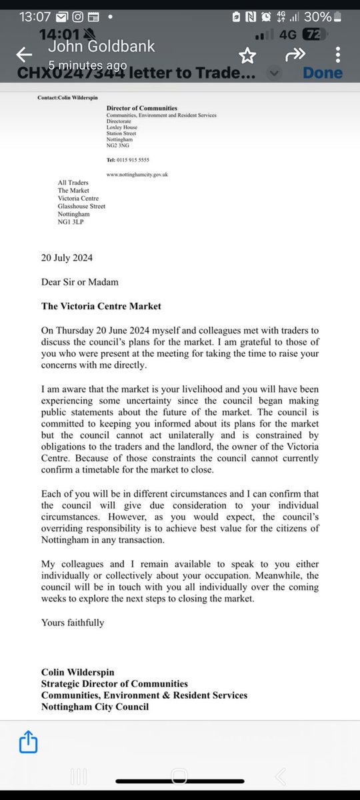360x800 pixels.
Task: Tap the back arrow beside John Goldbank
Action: (25, 55)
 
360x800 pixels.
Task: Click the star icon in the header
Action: (248, 55)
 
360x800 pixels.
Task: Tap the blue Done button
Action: (323, 72)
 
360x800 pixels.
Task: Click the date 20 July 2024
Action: (67, 258)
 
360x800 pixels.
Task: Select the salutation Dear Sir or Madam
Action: (79, 281)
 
